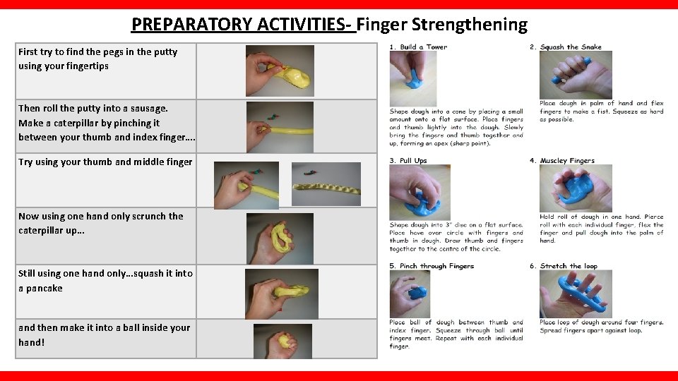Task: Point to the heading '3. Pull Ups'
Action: (x=408, y=161)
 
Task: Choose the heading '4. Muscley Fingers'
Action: (x=567, y=161)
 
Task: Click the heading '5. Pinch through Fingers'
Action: (x=432, y=266)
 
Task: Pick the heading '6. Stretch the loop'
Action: (x=569, y=266)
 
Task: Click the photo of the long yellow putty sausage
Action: (x=280, y=128)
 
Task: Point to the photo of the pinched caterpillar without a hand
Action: (x=326, y=184)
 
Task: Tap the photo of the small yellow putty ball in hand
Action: (x=283, y=341)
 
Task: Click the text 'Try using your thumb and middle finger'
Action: (x=105, y=162)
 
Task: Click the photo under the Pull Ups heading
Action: (x=420, y=192)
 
